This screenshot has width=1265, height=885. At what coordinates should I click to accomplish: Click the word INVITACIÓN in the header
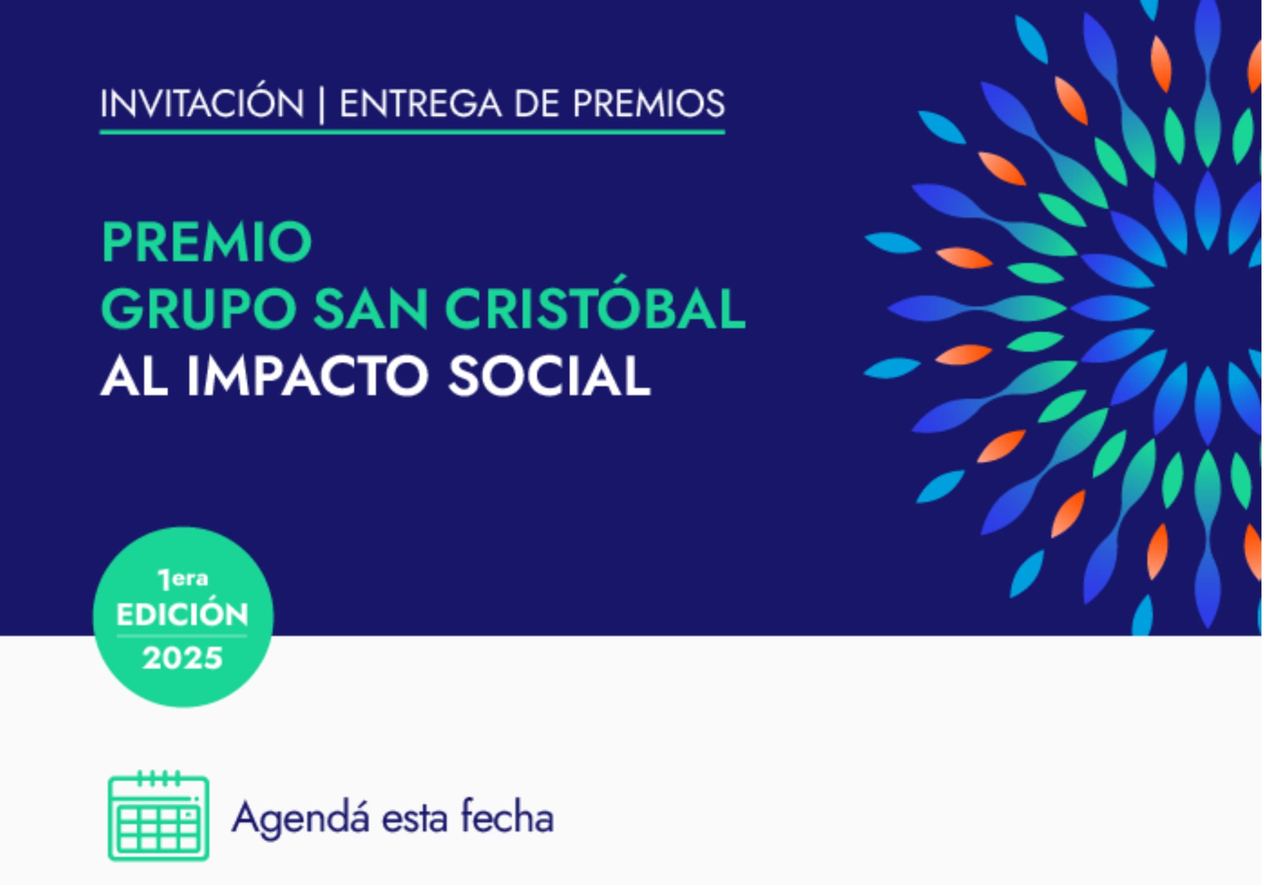tap(202, 104)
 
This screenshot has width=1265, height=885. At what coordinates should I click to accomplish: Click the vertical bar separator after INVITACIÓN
tap(322, 106)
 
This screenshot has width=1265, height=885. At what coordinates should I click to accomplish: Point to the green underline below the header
tap(412, 132)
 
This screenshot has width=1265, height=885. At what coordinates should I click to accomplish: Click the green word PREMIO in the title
tap(207, 242)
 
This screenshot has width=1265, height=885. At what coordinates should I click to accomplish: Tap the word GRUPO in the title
tap(200, 309)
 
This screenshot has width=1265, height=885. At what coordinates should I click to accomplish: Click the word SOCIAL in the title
tap(549, 376)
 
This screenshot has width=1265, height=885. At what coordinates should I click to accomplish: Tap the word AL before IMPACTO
tap(134, 376)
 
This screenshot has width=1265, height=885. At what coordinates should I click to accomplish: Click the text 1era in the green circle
tap(183, 578)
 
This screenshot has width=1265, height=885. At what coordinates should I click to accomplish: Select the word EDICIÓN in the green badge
tap(183, 614)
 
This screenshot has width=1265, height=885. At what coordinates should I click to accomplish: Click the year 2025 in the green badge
tap(183, 658)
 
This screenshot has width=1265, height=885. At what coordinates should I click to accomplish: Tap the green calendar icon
tap(158, 816)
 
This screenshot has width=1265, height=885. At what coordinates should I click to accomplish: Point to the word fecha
tap(507, 817)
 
